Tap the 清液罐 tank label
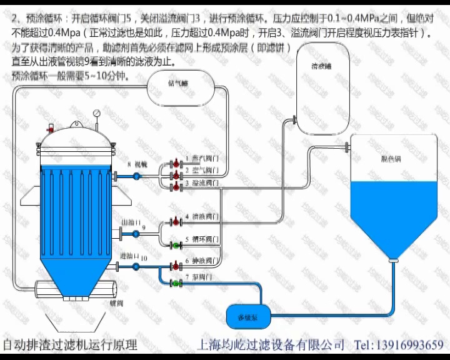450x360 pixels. [x=321, y=66]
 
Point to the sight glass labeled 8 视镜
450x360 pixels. [x=136, y=176]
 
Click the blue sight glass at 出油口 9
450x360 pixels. [x=136, y=234]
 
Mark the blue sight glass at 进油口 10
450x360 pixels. [x=136, y=267]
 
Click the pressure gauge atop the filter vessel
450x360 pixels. [x=97, y=114]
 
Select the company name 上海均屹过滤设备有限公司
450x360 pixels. [x=271, y=344]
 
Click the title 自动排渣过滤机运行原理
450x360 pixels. [x=70, y=344]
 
